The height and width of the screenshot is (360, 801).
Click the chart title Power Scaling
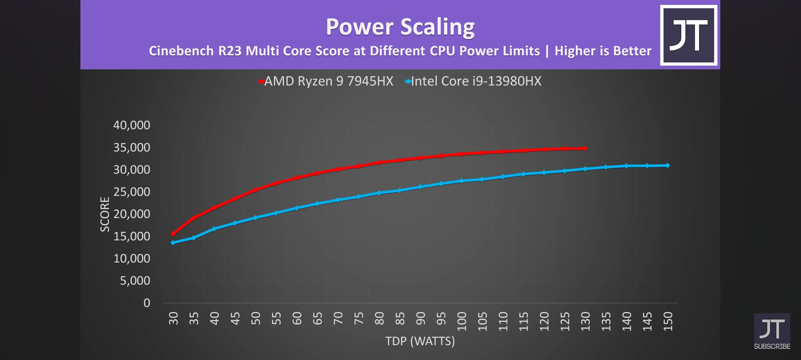coord(400,27)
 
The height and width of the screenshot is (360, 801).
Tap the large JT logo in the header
coord(688,35)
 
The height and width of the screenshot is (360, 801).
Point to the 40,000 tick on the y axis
coord(131,125)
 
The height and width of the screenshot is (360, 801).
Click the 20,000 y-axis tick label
coord(131,214)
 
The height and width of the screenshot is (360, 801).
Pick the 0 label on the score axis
coord(147,303)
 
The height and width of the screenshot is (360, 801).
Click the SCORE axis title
coord(105,214)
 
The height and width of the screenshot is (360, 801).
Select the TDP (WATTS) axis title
coord(420,341)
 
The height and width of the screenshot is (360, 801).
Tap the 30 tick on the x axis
coord(173,318)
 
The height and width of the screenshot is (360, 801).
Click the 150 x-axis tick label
coord(667,321)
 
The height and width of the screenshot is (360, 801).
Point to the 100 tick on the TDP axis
coord(461,321)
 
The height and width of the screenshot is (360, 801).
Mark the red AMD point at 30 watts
coord(173,234)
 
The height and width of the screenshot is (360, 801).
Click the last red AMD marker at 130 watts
coord(585,148)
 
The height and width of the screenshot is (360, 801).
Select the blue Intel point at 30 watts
coord(173,242)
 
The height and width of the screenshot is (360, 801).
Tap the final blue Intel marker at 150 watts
coord(667,165)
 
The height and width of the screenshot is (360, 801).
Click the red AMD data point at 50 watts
coord(255,190)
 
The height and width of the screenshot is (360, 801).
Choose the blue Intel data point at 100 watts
coord(461,181)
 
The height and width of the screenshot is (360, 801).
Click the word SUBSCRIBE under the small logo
coord(772,346)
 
